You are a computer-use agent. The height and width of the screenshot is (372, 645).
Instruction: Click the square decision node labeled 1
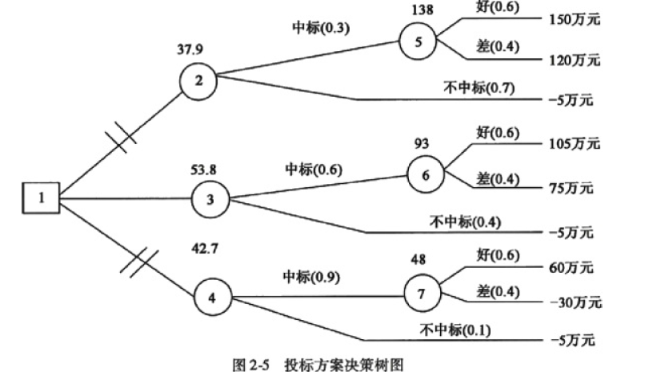(41, 197)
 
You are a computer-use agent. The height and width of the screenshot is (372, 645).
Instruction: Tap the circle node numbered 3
(210, 198)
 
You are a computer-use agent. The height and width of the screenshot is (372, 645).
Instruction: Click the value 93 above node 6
(423, 144)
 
